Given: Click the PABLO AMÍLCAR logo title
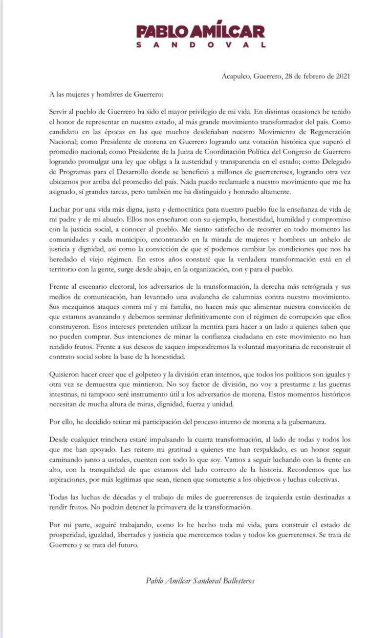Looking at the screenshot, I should tap(200, 32).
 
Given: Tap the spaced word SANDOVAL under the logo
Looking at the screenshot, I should tap(200, 44).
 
